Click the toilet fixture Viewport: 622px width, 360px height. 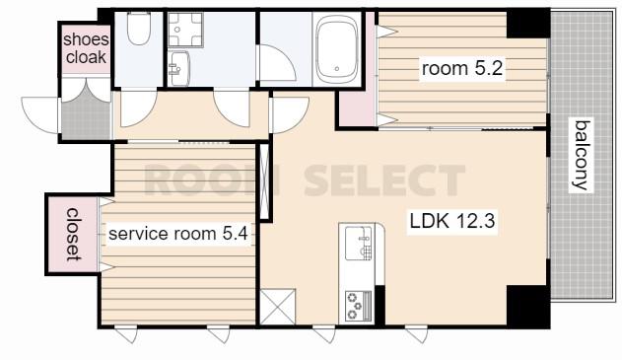[138, 28]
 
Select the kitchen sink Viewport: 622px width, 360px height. [359, 243]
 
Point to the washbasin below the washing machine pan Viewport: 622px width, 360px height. [178, 68]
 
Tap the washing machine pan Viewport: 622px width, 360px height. [185, 30]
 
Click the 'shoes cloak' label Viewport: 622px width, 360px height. [86, 48]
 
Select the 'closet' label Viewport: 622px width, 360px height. [73, 235]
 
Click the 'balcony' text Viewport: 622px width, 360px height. [582, 155]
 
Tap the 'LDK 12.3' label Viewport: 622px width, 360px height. [452, 221]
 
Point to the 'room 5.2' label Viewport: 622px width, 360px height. [462, 69]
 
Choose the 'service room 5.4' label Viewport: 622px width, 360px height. [178, 234]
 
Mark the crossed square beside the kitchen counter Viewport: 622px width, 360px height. [278, 307]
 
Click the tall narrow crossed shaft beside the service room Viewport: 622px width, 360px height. [264, 181]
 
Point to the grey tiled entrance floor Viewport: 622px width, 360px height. [86, 113]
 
